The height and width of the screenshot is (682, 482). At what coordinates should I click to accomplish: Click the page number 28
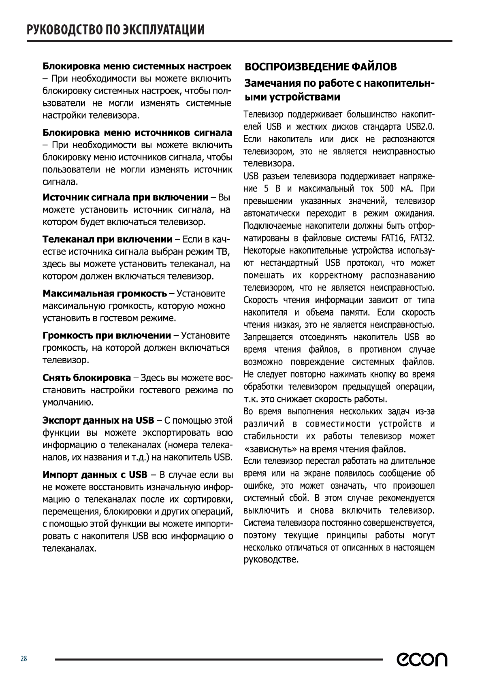coord(24,659)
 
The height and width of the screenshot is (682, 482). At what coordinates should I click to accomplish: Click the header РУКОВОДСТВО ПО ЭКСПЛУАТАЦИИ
coord(115,30)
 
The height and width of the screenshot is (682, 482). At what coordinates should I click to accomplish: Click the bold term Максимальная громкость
coord(105,293)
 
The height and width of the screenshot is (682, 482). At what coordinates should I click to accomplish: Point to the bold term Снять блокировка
coord(87,378)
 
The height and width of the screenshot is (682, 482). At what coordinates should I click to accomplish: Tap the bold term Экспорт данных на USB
coord(98,420)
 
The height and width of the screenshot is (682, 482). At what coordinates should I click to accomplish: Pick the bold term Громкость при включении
coord(107,335)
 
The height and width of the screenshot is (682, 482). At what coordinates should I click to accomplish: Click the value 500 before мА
coord(388,189)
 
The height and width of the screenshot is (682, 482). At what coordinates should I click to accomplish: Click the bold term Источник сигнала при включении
coord(125,197)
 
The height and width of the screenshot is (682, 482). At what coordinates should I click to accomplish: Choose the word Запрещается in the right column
coord(268,337)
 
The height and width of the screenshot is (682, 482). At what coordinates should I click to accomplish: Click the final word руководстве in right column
coord(271,560)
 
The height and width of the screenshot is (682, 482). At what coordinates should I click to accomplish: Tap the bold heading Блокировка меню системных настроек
coord(137,66)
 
